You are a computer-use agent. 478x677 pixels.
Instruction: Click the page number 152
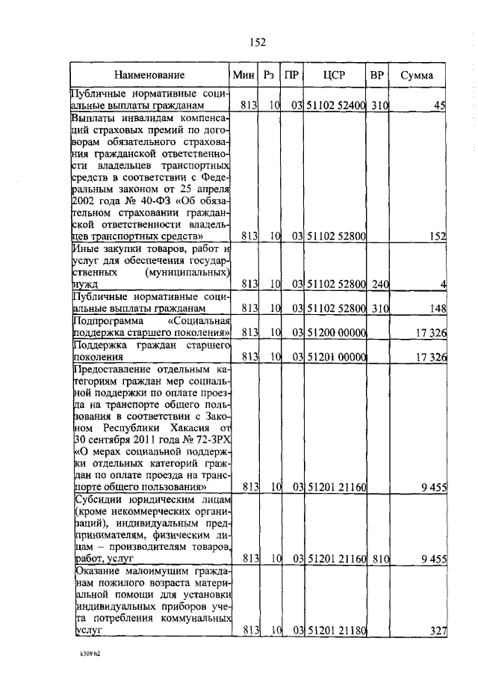point(258,42)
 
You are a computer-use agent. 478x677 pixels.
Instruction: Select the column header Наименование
point(149,76)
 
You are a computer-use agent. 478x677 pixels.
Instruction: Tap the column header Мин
point(243,76)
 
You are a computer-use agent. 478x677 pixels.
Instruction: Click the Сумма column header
point(417,76)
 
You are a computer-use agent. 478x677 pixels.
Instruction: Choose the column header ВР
point(378,76)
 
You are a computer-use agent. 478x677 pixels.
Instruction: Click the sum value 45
point(440,105)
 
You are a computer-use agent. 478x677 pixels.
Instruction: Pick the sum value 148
point(438,308)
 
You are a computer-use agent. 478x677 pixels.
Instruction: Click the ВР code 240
point(380,284)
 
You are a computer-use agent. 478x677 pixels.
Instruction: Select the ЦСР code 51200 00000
point(335,332)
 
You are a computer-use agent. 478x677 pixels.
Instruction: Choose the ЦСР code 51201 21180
point(335,631)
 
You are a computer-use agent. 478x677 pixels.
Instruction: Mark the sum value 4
point(443,284)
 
